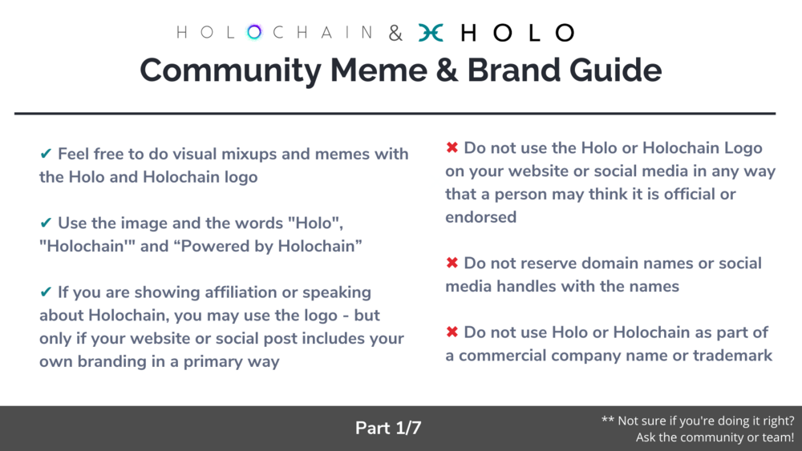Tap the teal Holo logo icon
431,33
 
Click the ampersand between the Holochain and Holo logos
395,33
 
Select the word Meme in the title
379,70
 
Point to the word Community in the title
231,70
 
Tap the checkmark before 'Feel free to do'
46,153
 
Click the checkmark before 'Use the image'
46,222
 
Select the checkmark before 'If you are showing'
46,292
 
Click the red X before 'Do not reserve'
452,263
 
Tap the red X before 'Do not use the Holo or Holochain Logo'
452,147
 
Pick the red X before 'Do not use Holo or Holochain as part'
452,332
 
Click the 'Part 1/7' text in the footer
388,428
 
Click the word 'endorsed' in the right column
480,217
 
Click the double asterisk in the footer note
608,420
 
